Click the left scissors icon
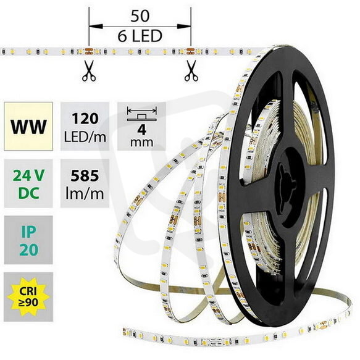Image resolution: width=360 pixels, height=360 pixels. pyautogui.click(x=89, y=71)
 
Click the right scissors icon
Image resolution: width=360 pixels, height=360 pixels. pyautogui.click(x=191, y=71)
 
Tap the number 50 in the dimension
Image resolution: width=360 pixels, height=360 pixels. pyautogui.click(x=140, y=16)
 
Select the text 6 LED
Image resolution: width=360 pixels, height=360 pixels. pyautogui.click(x=140, y=36)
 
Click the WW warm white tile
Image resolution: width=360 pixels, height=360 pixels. pyautogui.click(x=28, y=126)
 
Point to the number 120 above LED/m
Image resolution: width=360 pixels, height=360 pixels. pyautogui.click(x=85, y=119)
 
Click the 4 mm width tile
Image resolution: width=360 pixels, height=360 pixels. pyautogui.click(x=141, y=126)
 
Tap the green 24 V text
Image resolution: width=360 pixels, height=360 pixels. pyautogui.click(x=28, y=176)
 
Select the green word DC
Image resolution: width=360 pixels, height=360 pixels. pyautogui.click(x=28, y=193)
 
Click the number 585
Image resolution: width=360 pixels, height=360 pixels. pyautogui.click(x=85, y=176)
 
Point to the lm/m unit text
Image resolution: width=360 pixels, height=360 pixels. pyautogui.click(x=85, y=193)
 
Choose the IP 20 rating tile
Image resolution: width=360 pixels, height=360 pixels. pyautogui.click(x=28, y=240)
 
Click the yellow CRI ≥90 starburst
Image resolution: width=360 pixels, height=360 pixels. pyautogui.click(x=28, y=296)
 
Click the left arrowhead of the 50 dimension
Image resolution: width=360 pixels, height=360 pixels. pyautogui.click(x=96, y=27)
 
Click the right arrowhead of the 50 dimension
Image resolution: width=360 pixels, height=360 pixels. pyautogui.click(x=184, y=27)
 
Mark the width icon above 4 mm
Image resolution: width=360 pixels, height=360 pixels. pyautogui.click(x=141, y=114)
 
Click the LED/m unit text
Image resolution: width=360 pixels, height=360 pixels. pyautogui.click(x=85, y=137)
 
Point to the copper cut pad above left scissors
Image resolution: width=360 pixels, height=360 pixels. pyautogui.click(x=89, y=52)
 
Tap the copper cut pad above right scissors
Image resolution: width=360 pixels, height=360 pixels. pyautogui.click(x=191, y=51)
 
